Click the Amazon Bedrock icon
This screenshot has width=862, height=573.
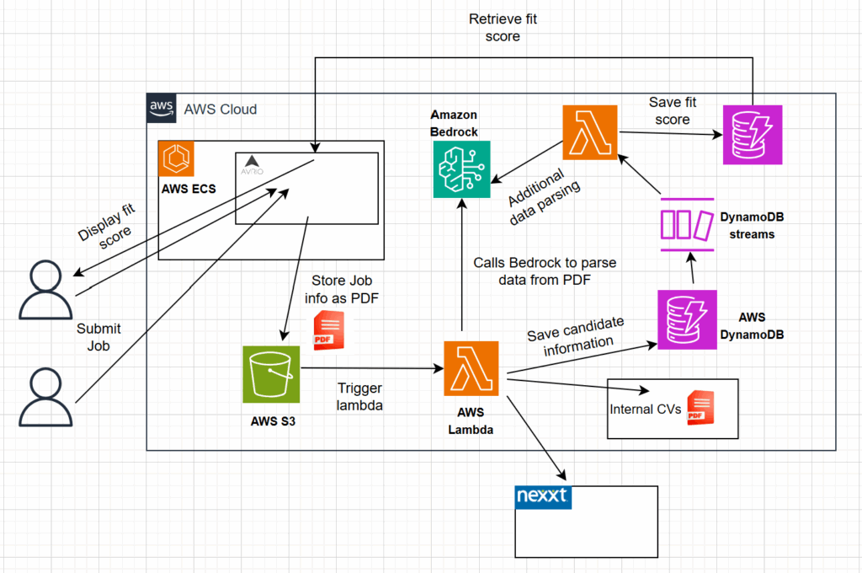pos(461,169)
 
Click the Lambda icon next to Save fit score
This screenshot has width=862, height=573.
pos(590,133)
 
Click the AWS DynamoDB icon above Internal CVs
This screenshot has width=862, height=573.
pos(687,319)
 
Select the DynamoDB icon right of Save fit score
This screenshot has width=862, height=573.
pos(753,135)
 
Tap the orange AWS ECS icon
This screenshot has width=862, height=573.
pos(176,158)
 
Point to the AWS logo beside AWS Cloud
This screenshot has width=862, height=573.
pos(162,109)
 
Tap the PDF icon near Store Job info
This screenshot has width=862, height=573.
pos(326,329)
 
